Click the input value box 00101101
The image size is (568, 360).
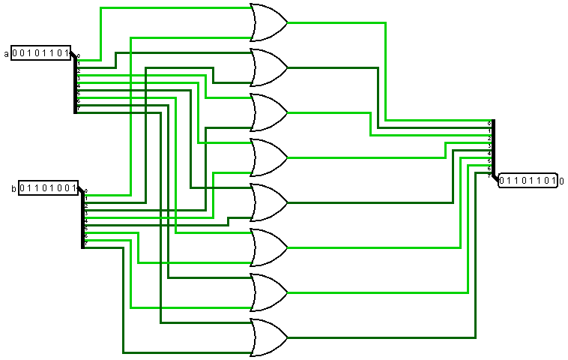pyautogui.click(x=41, y=53)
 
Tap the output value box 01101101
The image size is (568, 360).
pyautogui.click(x=528, y=181)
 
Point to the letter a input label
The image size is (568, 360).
pyautogui.click(x=7, y=53)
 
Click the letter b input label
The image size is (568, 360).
pyautogui.click(x=13, y=188)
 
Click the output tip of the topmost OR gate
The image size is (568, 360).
pyautogui.click(x=288, y=22)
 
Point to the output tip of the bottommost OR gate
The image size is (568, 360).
pyautogui.click(x=288, y=337)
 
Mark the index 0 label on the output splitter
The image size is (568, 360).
pyautogui.click(x=489, y=123)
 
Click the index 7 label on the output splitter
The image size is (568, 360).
pyautogui.click(x=489, y=175)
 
